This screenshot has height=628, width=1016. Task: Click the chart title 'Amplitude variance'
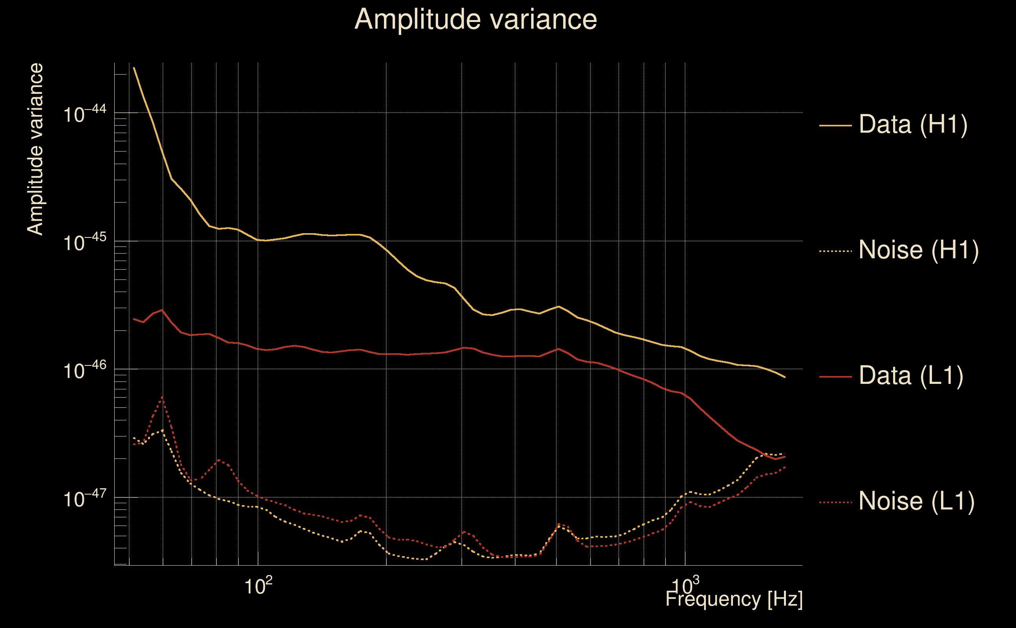point(475,20)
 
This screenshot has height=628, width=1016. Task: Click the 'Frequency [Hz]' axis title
point(734,599)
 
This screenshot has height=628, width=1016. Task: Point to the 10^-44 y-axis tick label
point(85,113)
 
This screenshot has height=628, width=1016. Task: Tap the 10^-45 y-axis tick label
point(85,242)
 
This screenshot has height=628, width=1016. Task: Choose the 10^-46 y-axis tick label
point(85,370)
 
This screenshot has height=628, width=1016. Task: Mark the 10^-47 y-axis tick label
point(85,498)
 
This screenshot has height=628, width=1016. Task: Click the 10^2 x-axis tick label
point(258,586)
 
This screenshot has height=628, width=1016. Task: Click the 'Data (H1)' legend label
point(914,124)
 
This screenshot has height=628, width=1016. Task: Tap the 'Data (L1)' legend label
point(911,376)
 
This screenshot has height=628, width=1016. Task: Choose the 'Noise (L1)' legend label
point(917,502)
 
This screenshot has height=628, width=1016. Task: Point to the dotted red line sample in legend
point(835,502)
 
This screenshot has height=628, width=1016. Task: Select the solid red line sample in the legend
point(835,377)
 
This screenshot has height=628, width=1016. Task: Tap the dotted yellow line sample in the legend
point(835,251)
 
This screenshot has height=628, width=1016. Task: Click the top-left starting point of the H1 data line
point(134,68)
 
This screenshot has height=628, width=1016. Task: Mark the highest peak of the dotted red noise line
point(163,398)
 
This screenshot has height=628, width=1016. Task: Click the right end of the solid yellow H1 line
point(785,377)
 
